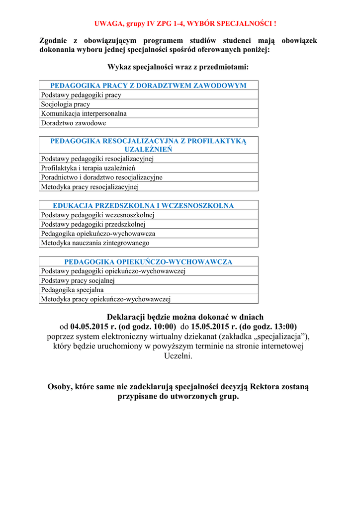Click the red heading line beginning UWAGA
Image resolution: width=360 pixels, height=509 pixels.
tap(185, 24)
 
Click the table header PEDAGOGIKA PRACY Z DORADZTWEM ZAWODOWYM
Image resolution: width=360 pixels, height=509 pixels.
tap(148, 85)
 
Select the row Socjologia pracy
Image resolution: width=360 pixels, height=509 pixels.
tap(66, 104)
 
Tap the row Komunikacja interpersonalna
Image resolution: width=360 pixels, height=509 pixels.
tap(84, 113)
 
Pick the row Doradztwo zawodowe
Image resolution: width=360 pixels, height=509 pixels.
tap(74, 123)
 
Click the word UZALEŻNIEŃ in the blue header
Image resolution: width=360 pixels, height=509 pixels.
tap(148, 149)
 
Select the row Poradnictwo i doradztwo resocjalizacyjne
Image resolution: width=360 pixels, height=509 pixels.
tap(101, 177)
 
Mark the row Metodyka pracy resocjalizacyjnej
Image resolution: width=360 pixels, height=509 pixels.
tap(90, 187)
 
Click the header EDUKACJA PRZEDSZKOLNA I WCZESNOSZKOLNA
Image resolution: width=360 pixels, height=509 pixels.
tap(143, 205)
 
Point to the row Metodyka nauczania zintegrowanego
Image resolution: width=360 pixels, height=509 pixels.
tap(95, 243)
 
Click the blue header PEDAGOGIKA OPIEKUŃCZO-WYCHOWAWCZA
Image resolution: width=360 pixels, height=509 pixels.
tap(148, 261)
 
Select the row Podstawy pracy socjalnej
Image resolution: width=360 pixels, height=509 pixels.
tap(78, 280)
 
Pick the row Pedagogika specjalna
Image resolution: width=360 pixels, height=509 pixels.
tap(72, 290)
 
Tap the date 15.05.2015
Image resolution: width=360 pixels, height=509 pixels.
tap(208, 327)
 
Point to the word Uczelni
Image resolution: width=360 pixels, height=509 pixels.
tap(178, 356)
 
